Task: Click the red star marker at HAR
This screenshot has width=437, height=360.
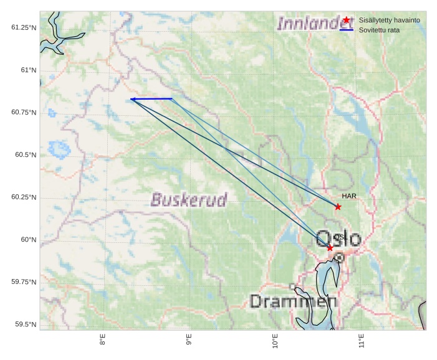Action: pyautogui.click(x=338, y=207)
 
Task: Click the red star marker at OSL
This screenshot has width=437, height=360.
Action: pyautogui.click(x=330, y=248)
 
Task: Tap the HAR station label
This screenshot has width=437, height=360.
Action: pyautogui.click(x=348, y=196)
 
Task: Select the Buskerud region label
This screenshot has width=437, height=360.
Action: pyautogui.click(x=189, y=200)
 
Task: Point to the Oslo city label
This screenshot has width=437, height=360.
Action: pyautogui.click(x=339, y=239)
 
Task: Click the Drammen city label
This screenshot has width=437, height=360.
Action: pyautogui.click(x=293, y=302)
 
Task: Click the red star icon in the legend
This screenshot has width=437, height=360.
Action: pyautogui.click(x=347, y=20)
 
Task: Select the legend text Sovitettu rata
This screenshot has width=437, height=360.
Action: pyautogui.click(x=379, y=30)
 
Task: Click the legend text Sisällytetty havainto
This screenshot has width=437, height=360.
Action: pyautogui.click(x=389, y=20)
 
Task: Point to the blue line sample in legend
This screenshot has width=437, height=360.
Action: pyautogui.click(x=347, y=30)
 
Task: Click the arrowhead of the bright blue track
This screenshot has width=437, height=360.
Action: pyautogui.click(x=133, y=99)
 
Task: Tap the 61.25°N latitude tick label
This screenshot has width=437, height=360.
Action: pyautogui.click(x=24, y=27)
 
